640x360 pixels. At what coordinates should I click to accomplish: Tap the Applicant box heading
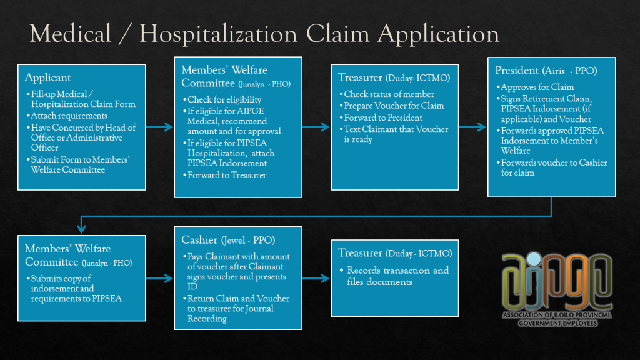click(48, 78)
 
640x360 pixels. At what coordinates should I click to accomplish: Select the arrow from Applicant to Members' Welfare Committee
click(160, 127)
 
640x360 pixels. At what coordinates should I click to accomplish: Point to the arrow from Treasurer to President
click(472, 127)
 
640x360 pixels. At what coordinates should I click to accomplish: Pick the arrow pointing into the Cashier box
click(160, 277)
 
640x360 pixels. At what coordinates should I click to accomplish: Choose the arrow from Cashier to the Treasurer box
click(316, 277)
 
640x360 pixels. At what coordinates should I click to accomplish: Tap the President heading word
click(518, 71)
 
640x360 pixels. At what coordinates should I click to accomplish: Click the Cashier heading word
click(199, 240)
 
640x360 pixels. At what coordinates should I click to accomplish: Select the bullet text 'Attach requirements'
click(71, 116)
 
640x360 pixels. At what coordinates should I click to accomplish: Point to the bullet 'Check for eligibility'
click(224, 99)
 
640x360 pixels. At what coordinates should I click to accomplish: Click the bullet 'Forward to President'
click(383, 117)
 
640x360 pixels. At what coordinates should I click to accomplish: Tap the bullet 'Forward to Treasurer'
click(227, 175)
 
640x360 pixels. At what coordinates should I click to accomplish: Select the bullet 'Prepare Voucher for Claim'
click(394, 106)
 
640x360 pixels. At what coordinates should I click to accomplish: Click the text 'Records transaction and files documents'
click(397, 276)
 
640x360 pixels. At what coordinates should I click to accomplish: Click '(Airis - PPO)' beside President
click(571, 71)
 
